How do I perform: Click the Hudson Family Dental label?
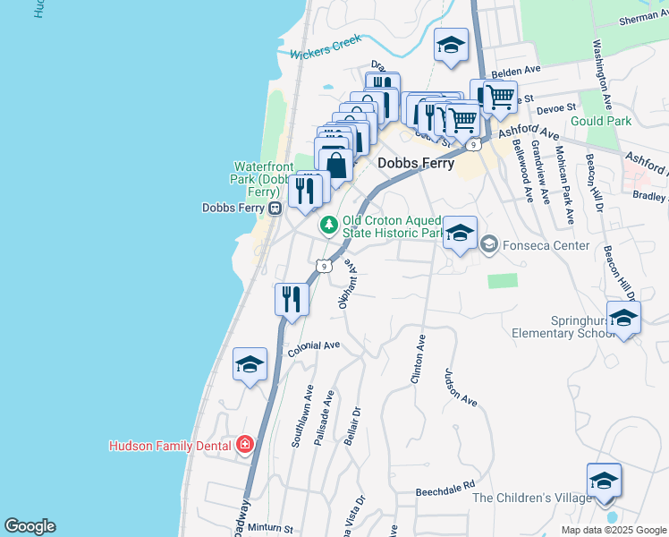[169, 445]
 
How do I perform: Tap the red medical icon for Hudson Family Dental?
[244, 445]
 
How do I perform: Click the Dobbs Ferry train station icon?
[275, 208]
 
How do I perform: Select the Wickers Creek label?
[326, 47]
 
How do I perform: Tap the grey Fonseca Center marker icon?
[489, 243]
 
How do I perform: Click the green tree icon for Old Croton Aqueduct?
[329, 224]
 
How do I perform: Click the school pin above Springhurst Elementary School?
[623, 318]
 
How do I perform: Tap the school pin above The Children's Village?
[604, 481]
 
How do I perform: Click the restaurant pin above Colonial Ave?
[292, 297]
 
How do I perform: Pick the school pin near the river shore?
[250, 364]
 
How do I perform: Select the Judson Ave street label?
[462, 388]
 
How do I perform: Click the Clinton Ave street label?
[417, 361]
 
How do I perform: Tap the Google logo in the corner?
[30, 526]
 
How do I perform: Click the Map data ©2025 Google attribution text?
[613, 530]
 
